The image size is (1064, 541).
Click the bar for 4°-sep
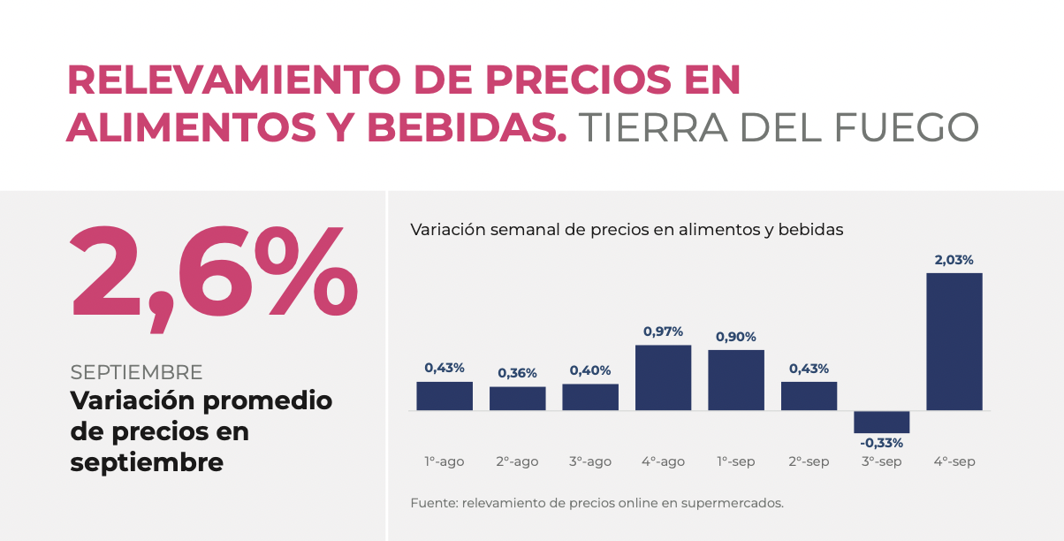click(x=954, y=341)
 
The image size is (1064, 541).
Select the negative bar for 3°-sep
click(x=881, y=422)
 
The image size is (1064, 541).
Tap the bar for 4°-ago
click(x=663, y=377)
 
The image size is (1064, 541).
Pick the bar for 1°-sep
click(x=735, y=380)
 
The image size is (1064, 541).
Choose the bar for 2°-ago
click(x=517, y=399)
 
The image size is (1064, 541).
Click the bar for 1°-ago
click(x=445, y=396)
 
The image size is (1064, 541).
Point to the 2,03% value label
click(x=954, y=260)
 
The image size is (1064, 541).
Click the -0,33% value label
click(x=881, y=443)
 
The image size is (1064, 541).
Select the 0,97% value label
click(x=663, y=331)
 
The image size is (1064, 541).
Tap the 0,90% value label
click(x=735, y=337)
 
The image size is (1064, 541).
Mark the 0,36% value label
click(x=517, y=373)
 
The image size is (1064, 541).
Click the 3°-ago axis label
click(x=590, y=461)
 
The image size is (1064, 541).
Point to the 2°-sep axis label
click(x=809, y=461)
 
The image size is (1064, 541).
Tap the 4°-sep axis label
click(x=954, y=461)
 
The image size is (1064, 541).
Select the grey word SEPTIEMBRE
click(x=136, y=372)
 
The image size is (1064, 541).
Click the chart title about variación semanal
click(x=627, y=230)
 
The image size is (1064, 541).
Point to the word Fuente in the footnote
click(x=430, y=503)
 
